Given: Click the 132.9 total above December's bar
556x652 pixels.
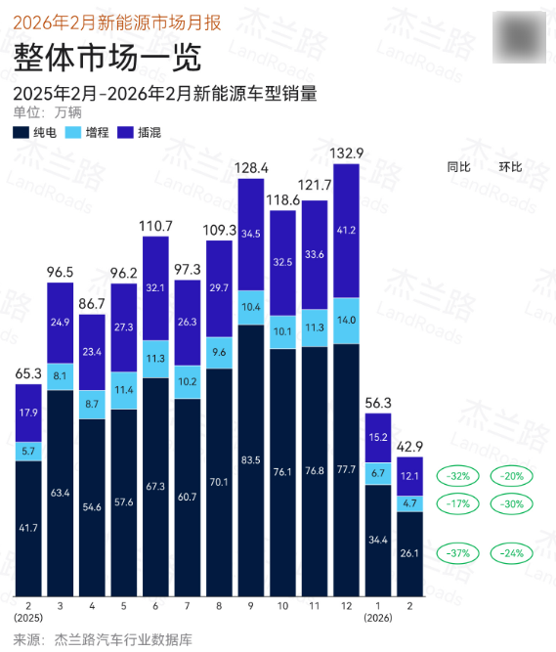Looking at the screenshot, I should coord(347,152).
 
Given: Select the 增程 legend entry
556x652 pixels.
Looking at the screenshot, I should coord(88,131).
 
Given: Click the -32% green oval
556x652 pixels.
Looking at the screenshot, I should coord(459,477).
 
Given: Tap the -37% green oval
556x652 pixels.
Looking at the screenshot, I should coord(459,552).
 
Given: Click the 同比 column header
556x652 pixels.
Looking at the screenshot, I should coord(459,167).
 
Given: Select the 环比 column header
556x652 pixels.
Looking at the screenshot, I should coord(510,167).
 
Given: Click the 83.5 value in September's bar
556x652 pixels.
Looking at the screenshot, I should coord(251,459).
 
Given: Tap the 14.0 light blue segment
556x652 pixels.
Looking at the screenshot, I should coord(347,320).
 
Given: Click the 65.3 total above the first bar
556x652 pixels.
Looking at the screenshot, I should coord(28,373).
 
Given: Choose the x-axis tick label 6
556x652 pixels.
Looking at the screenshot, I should coord(155,606).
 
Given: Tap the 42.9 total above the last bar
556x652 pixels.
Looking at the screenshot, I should coord(410,446).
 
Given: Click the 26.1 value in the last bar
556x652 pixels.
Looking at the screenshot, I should coord(410,553).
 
